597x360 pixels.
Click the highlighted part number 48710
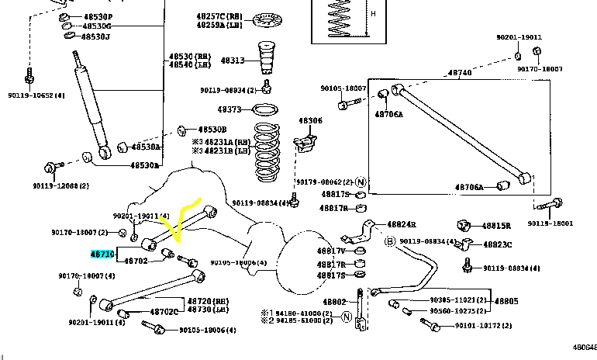point(102,254)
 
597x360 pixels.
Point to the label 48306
point(310,121)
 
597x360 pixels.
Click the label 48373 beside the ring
point(230,109)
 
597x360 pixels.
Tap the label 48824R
point(402,223)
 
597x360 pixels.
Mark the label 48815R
point(496,226)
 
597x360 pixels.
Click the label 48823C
point(496,244)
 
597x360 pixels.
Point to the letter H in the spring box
point(373,13)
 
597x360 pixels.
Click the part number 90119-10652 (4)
point(38,95)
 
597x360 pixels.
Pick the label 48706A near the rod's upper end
point(389,113)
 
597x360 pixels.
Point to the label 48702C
point(164,311)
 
